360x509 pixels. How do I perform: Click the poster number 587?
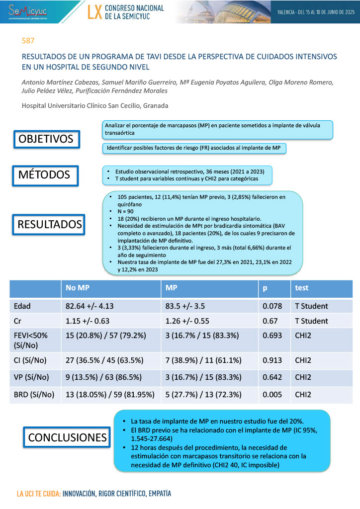pos(28,40)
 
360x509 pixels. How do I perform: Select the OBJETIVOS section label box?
pos(46,139)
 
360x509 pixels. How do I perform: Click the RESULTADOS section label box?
pos(50,225)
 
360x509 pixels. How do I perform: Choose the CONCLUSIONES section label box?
pos(68,437)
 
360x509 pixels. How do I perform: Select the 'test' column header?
pos(301,288)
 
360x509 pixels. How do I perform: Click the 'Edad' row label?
pos(22,306)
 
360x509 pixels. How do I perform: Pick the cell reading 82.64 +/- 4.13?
pos(93,306)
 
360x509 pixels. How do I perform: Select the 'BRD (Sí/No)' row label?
pos(34,395)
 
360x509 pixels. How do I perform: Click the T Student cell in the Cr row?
pos(312,321)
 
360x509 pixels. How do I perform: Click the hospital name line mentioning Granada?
pos(94,106)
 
